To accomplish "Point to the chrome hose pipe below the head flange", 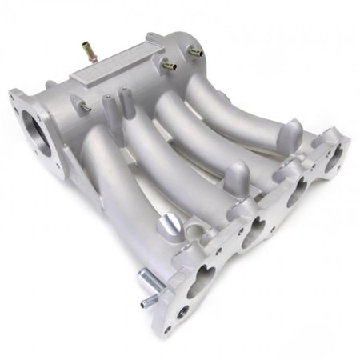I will pyautogui.click(x=150, y=284).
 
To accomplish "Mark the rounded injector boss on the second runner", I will pyautogui.click(x=237, y=174).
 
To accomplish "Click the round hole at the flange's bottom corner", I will pyautogui.click(x=184, y=328).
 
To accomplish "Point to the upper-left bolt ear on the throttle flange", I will pyautogui.click(x=14, y=98).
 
